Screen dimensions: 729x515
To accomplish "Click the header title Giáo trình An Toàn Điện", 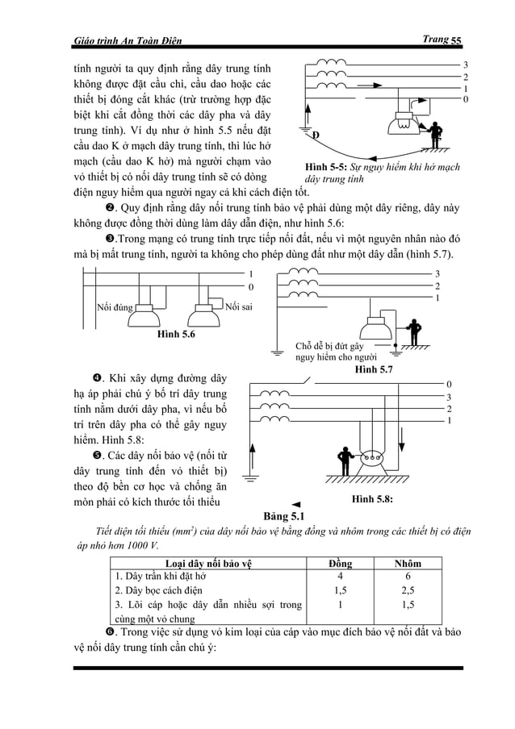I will [128, 41].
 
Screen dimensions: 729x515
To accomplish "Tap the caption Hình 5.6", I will [177, 333].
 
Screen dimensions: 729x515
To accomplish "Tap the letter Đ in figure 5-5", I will [316, 134].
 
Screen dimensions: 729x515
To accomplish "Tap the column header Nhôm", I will [408, 563].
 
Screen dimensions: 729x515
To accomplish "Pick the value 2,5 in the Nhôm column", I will [408, 590].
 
